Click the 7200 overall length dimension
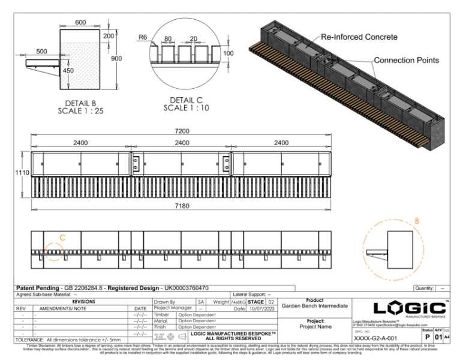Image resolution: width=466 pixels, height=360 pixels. [x=182, y=130]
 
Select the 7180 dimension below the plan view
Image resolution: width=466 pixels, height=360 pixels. [x=182, y=206]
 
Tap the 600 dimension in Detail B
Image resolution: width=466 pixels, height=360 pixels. [x=80, y=22]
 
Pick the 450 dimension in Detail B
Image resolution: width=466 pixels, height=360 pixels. [x=68, y=71]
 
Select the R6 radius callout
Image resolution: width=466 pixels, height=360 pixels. [x=143, y=37]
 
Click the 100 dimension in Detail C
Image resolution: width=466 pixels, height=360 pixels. [x=228, y=54]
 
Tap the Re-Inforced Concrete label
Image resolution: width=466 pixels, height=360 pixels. [x=359, y=37]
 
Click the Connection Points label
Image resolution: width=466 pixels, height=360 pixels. [x=406, y=60]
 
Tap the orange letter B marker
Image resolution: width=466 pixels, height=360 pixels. [x=417, y=221]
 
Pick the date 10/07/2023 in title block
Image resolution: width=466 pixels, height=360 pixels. [x=261, y=308]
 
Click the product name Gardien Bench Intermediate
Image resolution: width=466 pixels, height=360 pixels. [x=314, y=305]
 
